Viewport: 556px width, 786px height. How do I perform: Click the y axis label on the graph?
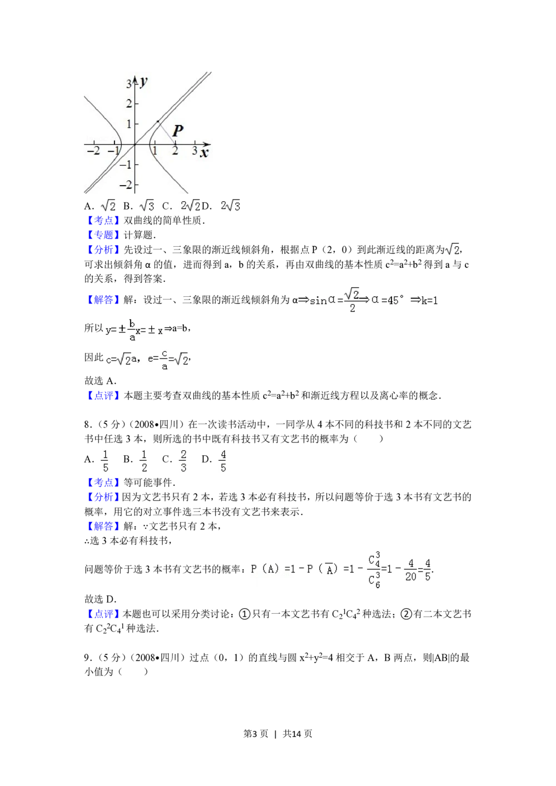click(x=143, y=81)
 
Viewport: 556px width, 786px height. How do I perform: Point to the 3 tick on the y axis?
click(x=128, y=84)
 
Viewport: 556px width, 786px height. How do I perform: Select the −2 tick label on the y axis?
click(x=127, y=184)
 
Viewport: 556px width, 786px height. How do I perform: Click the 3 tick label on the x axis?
click(x=195, y=151)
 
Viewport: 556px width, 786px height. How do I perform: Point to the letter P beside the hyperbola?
click(x=178, y=131)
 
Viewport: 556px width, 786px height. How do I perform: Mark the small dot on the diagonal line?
click(x=158, y=121)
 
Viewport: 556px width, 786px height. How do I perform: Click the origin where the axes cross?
click(x=135, y=144)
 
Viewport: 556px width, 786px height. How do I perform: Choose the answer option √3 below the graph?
click(x=147, y=206)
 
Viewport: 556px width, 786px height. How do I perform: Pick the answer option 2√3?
click(x=229, y=206)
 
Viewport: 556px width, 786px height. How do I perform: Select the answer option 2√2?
click(x=189, y=206)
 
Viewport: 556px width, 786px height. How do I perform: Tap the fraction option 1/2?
click(x=143, y=460)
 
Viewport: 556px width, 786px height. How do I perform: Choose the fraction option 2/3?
click(x=183, y=460)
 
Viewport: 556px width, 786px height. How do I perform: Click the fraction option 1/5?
click(x=105, y=460)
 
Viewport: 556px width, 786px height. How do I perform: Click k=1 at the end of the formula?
click(x=430, y=301)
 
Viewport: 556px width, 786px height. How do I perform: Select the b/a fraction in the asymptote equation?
click(x=132, y=330)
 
